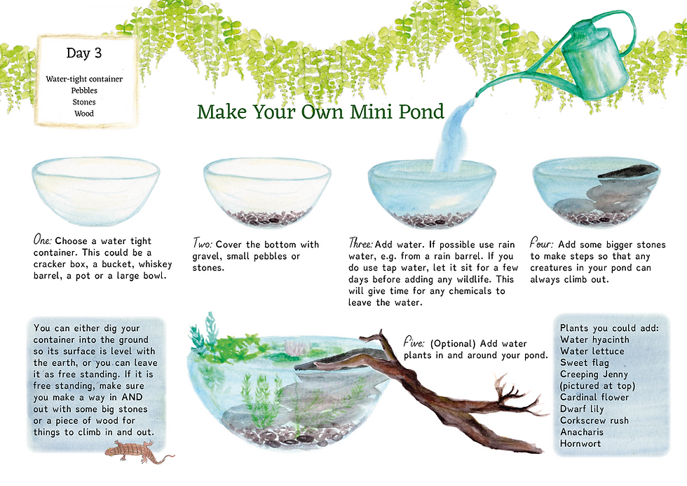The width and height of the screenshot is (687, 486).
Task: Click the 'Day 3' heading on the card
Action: tap(83, 53)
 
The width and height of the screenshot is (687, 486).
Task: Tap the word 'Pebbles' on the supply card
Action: tap(84, 90)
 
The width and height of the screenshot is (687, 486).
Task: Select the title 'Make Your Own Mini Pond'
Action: tap(321, 112)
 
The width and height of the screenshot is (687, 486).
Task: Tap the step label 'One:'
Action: tap(43, 240)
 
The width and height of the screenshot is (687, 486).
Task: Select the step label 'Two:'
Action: tap(203, 243)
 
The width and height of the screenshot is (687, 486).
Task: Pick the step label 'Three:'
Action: tap(360, 243)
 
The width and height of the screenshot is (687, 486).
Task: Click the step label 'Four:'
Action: tap(541, 243)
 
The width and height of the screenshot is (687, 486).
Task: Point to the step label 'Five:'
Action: tap(414, 343)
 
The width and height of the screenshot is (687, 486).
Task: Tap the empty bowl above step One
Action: tap(95, 191)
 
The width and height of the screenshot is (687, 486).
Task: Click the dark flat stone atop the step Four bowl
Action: tap(627, 171)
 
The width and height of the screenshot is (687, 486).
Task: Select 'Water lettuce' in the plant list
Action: tap(592, 351)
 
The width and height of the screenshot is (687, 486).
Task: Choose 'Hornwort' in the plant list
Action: tap(580, 443)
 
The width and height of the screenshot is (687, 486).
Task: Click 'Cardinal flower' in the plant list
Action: tap(594, 397)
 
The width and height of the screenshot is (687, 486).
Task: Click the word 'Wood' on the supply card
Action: tap(84, 114)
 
